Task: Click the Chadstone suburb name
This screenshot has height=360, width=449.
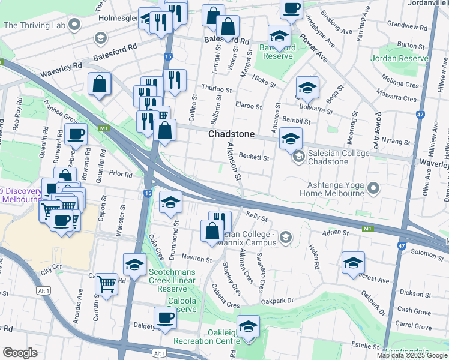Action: click(231, 134)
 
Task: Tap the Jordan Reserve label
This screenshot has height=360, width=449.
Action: click(399, 58)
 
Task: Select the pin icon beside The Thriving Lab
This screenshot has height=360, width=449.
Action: click(74, 25)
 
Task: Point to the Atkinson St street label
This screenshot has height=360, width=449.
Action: click(234, 162)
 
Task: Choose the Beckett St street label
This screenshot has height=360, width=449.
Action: click(253, 157)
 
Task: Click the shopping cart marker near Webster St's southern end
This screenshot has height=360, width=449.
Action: click(107, 283)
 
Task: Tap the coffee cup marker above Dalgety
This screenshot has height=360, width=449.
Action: click(165, 317)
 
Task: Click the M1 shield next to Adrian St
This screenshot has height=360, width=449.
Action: click(368, 229)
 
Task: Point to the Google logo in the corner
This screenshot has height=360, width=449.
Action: click(20, 353)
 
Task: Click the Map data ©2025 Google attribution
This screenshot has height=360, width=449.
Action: click(411, 355)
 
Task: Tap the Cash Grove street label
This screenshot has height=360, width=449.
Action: click(414, 311)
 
